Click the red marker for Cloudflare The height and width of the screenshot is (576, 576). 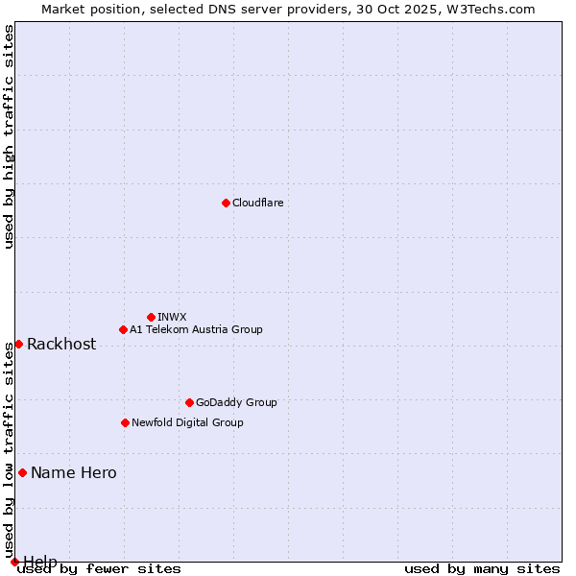point(226,203)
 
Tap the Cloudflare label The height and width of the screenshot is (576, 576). point(257,203)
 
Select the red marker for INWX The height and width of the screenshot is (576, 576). point(151,317)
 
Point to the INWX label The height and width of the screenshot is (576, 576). point(172,317)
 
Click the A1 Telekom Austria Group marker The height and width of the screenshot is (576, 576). point(123,329)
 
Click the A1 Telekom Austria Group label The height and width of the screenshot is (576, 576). point(196,329)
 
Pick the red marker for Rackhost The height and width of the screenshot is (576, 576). point(18,344)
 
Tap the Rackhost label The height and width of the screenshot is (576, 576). point(61,345)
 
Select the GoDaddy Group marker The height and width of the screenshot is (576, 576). point(189,402)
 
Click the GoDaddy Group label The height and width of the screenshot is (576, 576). point(236,402)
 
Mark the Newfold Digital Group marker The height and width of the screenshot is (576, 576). point(125,422)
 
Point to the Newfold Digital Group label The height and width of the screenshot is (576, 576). point(187,422)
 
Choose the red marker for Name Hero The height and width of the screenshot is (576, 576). point(22,472)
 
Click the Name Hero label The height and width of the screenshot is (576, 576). point(74,472)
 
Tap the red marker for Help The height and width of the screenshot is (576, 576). point(14,562)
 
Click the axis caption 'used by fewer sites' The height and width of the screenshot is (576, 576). point(99,569)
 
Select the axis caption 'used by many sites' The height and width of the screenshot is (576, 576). point(482,569)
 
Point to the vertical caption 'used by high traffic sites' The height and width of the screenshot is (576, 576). point(10,136)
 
